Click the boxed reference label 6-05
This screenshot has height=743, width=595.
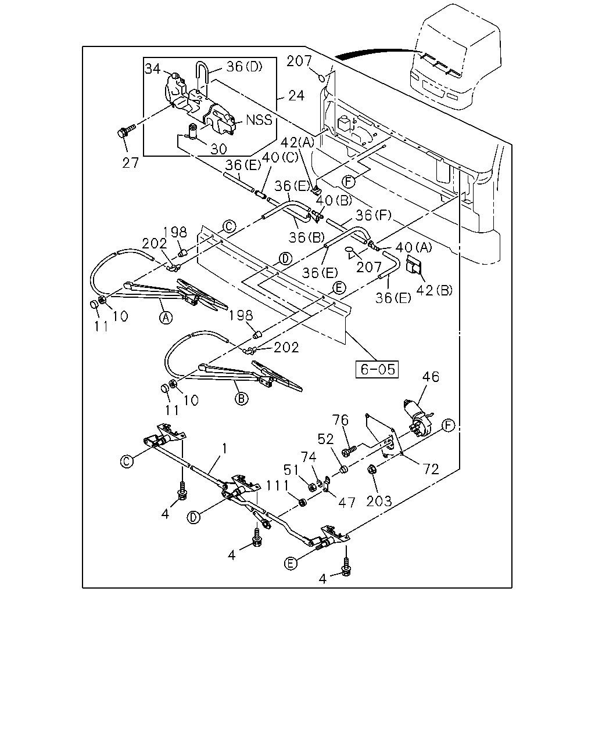pyautogui.click(x=377, y=369)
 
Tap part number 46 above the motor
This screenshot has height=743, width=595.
pyautogui.click(x=431, y=377)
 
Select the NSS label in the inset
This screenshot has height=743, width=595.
pyautogui.click(x=259, y=120)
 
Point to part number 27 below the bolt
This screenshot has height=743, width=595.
pyautogui.click(x=130, y=163)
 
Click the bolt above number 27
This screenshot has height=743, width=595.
pyautogui.click(x=126, y=131)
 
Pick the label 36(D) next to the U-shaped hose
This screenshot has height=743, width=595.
pyautogui.click(x=245, y=67)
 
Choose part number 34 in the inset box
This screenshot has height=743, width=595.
pyautogui.click(x=152, y=68)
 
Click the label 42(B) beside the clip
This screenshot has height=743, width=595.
pyautogui.click(x=434, y=290)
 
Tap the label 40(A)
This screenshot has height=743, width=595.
pyautogui.click(x=414, y=247)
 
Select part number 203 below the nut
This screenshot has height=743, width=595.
pyautogui.click(x=379, y=501)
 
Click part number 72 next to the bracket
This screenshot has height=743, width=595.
pyautogui.click(x=431, y=469)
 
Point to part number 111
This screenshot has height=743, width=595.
pyautogui.click(x=277, y=486)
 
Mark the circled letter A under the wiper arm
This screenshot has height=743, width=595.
pyautogui.click(x=166, y=317)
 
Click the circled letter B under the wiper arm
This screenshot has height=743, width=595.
pyautogui.click(x=241, y=399)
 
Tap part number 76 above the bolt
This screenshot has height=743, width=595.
pyautogui.click(x=340, y=420)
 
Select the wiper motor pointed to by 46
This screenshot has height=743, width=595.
pyautogui.click(x=418, y=418)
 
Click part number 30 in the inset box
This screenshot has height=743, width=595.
pyautogui.click(x=218, y=149)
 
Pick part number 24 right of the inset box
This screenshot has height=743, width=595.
pyautogui.click(x=296, y=96)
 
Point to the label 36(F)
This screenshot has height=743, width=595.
pyautogui.click(x=374, y=215)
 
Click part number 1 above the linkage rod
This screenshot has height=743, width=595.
pyautogui.click(x=225, y=449)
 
